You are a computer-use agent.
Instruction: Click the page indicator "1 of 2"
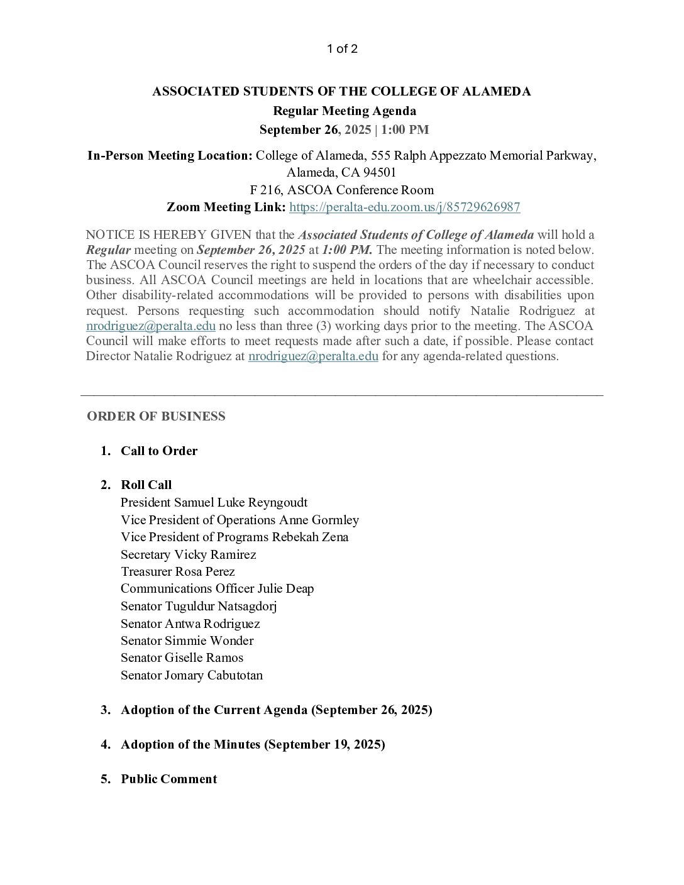point(342,49)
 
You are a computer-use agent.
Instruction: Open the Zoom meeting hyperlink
point(404,207)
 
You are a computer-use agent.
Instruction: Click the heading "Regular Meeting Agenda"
point(344,111)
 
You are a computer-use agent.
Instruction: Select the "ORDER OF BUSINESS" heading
point(156,416)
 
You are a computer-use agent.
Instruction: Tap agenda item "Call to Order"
point(159,451)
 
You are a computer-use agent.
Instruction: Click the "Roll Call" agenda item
point(146,485)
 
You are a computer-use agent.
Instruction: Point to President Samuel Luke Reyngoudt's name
point(214,502)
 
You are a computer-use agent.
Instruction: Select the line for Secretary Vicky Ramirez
point(188,554)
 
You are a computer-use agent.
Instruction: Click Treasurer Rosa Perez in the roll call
point(177,571)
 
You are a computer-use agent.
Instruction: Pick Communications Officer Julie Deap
point(217,588)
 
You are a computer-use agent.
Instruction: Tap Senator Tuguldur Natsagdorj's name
point(199,606)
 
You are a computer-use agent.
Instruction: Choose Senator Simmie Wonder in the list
point(187,640)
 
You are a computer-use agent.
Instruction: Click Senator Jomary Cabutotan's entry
point(191,675)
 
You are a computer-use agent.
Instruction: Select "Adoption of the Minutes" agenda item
point(253,744)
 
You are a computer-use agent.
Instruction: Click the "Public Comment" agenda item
point(168,779)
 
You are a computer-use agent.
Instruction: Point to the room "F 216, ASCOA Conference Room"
point(341,190)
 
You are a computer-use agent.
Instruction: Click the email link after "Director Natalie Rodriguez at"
point(313,356)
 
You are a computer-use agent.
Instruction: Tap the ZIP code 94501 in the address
point(377,172)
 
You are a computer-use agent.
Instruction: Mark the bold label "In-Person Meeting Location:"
point(170,155)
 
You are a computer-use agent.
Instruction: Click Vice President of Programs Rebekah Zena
point(234,537)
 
